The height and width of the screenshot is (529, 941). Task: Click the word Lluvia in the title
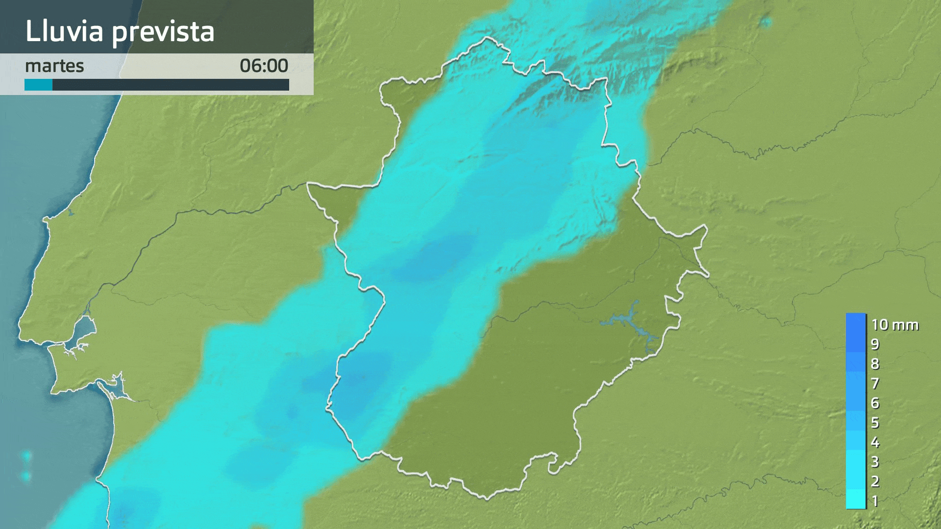point(64,31)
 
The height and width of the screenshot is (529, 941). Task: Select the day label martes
point(54,66)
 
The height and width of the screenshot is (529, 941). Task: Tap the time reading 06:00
point(264,66)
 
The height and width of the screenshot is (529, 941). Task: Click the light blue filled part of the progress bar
point(38,85)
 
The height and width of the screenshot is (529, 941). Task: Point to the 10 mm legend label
point(894,325)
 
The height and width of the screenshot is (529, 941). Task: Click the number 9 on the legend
point(875,344)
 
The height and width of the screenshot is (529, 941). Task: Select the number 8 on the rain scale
point(875,364)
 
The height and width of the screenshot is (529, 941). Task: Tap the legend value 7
point(875,384)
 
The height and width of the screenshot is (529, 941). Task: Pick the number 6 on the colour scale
point(875,403)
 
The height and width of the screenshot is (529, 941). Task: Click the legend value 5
point(875,423)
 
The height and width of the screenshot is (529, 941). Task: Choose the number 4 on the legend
point(875,442)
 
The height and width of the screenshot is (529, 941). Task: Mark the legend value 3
point(875,462)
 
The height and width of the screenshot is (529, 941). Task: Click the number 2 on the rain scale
point(875,481)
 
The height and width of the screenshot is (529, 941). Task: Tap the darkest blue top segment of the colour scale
point(856,323)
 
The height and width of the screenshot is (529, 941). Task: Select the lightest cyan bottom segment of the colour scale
point(856,500)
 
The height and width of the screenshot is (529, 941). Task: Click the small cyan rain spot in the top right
point(766,22)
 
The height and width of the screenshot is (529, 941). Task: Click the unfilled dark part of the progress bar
point(171,85)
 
